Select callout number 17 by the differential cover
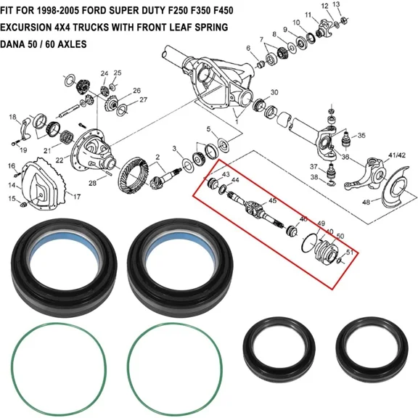[x=76, y=196]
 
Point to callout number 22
[x=59, y=160]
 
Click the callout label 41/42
[x=398, y=155]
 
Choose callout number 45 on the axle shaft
[x=272, y=200]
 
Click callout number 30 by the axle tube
[x=274, y=92]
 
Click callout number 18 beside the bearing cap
[x=12, y=117]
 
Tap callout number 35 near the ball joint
[x=361, y=135]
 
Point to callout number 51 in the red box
[x=350, y=253]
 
